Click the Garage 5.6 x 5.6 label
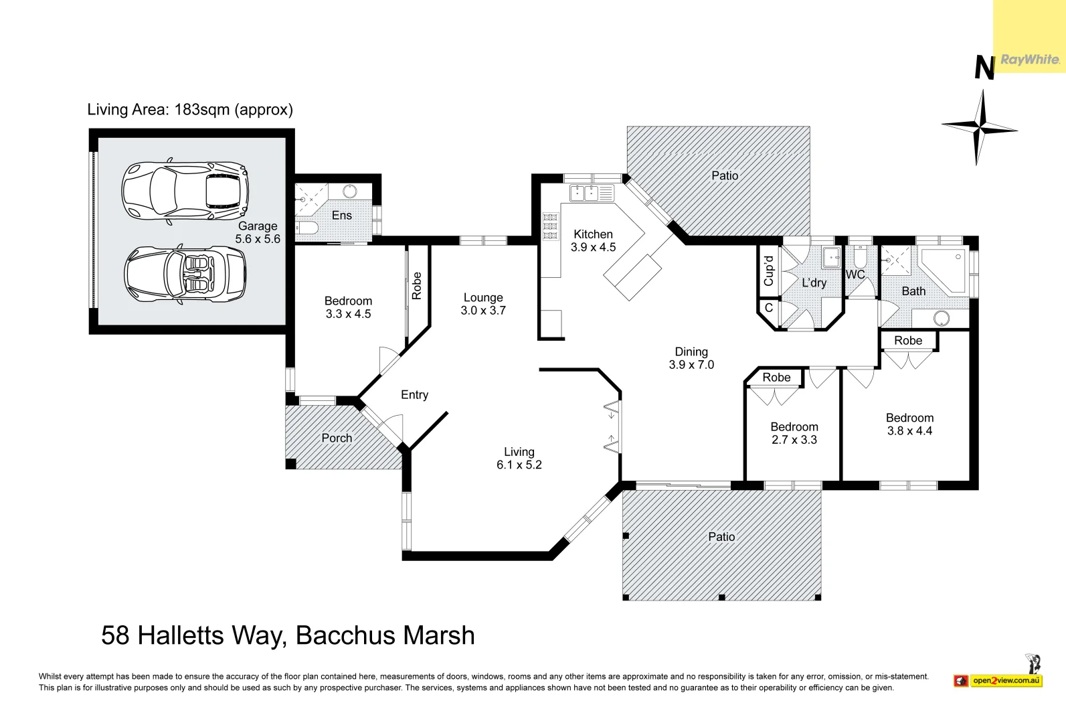pyautogui.click(x=258, y=232)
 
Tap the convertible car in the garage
pyautogui.click(x=185, y=275)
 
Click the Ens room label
pyautogui.click(x=341, y=215)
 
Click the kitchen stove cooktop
pyautogui.click(x=550, y=226)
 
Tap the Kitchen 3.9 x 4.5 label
pyautogui.click(x=593, y=240)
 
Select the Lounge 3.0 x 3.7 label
pyautogui.click(x=483, y=304)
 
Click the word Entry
pyautogui.click(x=414, y=395)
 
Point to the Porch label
pyautogui.click(x=337, y=438)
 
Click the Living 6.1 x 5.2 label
pyautogui.click(x=519, y=459)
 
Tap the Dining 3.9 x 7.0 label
pyautogui.click(x=691, y=358)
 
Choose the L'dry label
pyautogui.click(x=814, y=283)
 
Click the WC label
pyautogui.click(x=855, y=274)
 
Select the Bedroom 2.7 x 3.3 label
pyautogui.click(x=794, y=433)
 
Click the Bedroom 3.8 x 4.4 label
pyautogui.click(x=909, y=424)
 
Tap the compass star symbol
pyautogui.click(x=980, y=127)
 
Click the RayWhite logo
pyautogui.click(x=1029, y=60)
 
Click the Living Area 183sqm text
pyautogui.click(x=190, y=110)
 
